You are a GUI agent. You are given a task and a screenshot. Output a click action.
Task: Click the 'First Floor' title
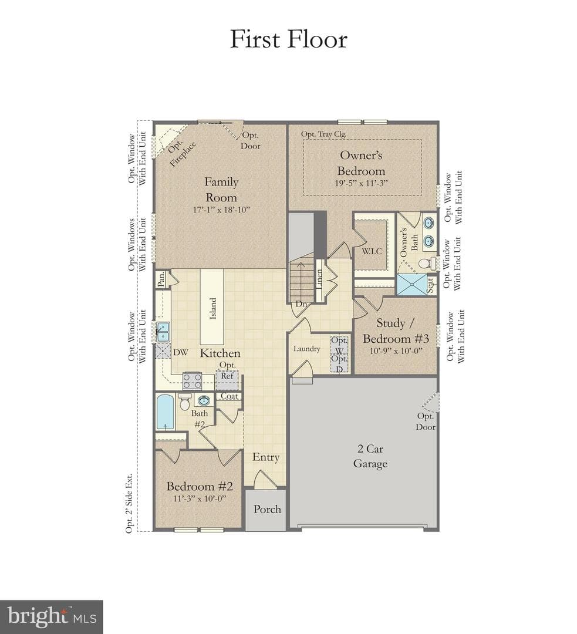click(x=289, y=39)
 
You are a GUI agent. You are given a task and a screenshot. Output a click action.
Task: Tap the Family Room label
click(x=221, y=190)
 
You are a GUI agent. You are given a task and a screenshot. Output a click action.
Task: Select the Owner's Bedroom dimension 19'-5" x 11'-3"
click(x=361, y=183)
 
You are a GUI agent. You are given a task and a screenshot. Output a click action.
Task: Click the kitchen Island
click(x=212, y=307)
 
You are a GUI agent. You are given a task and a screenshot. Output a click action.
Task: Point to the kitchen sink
click(x=163, y=332)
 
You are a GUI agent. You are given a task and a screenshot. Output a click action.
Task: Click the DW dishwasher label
click(x=181, y=352)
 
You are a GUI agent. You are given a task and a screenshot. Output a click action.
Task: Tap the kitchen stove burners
click(x=192, y=380)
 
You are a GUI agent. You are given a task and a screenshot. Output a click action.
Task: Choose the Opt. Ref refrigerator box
click(x=227, y=379)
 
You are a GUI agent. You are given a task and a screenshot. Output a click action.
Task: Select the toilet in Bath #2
click(x=185, y=402)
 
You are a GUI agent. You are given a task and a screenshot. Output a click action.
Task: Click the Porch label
click(x=267, y=510)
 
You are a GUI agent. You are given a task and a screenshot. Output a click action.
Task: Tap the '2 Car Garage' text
click(x=370, y=456)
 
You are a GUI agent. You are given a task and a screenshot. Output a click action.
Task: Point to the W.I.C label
click(x=372, y=251)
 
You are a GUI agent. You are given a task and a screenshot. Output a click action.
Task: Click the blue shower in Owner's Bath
click(x=411, y=284)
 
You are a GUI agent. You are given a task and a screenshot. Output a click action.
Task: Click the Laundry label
click(x=307, y=349)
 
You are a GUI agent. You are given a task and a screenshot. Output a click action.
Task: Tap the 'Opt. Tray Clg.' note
click(x=323, y=134)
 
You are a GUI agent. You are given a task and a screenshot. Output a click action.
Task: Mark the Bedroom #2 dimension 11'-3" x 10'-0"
click(x=200, y=498)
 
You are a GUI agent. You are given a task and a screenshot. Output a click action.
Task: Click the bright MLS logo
click(x=52, y=616)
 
